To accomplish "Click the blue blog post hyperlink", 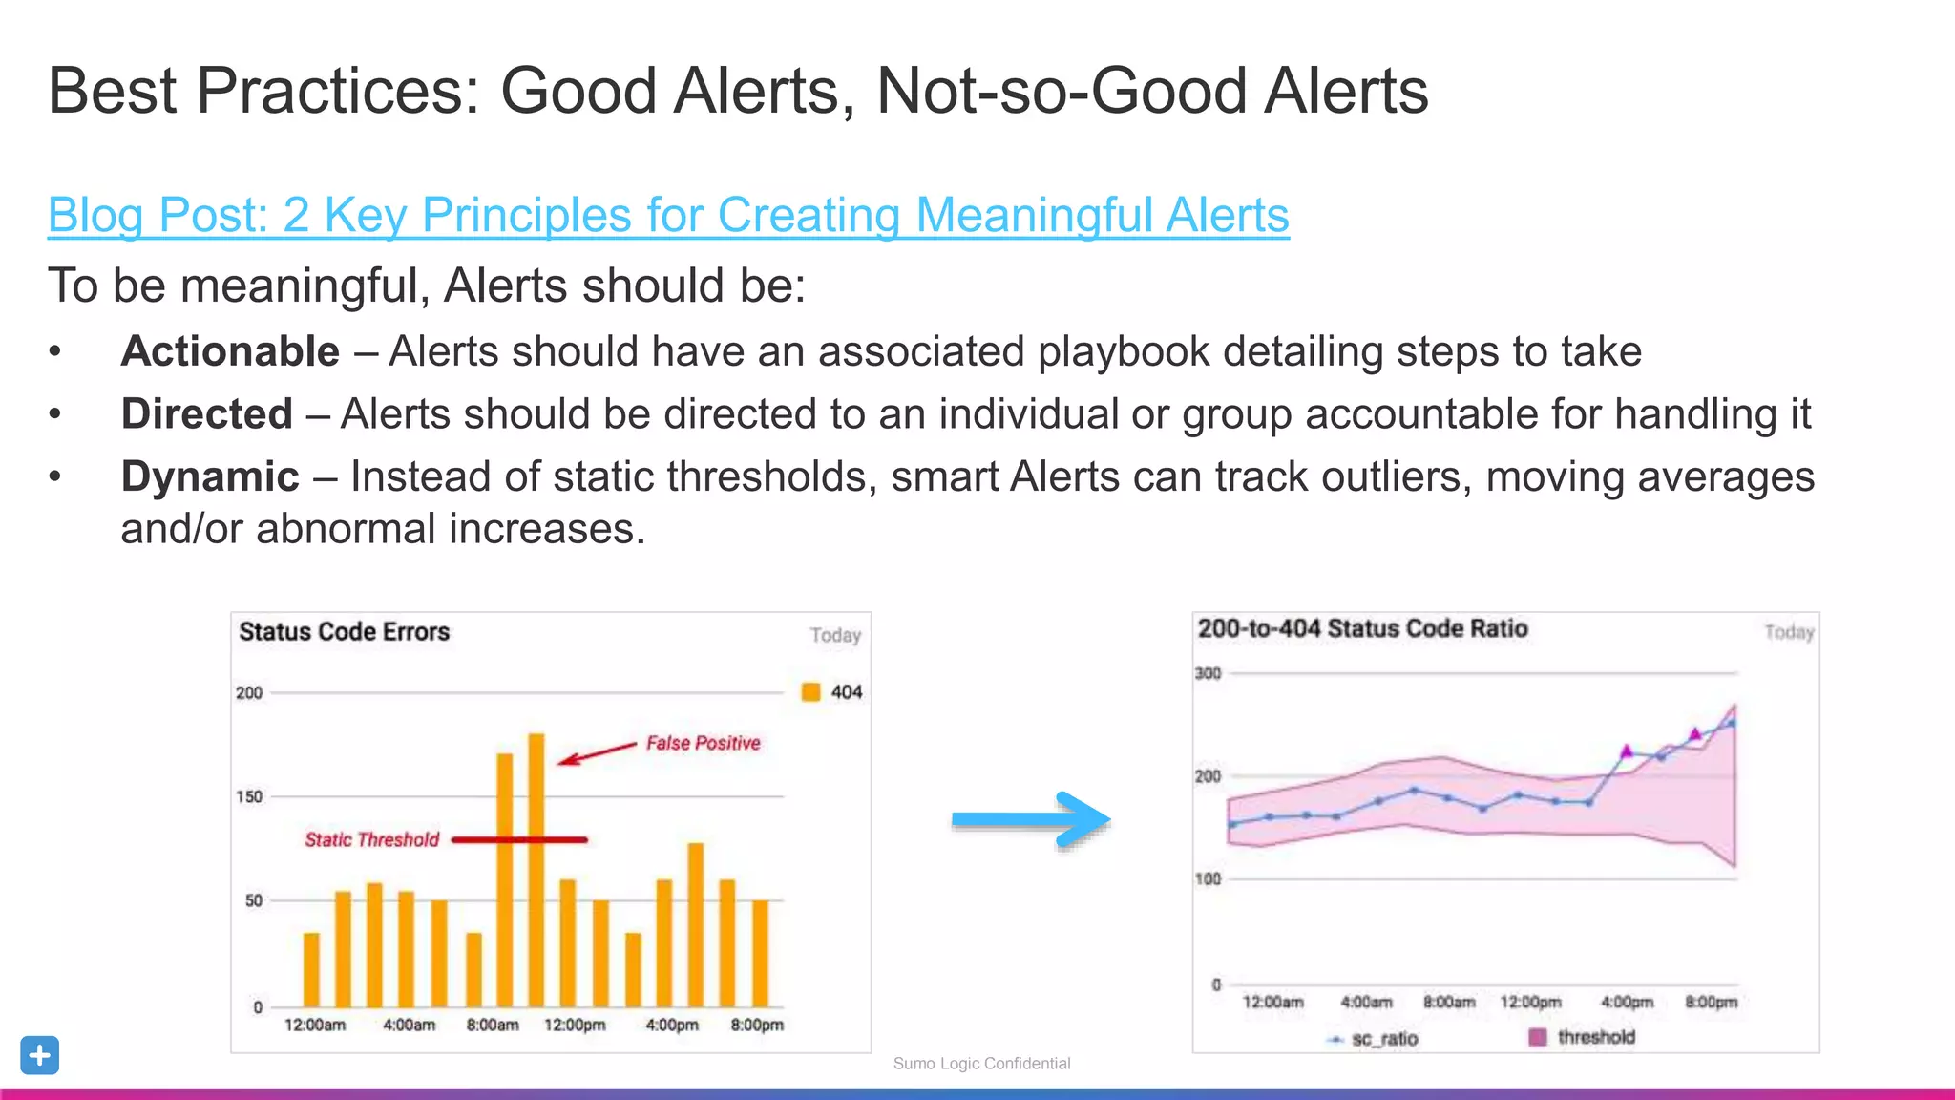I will pyautogui.click(x=668, y=215).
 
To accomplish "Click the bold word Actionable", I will pyautogui.click(x=230, y=351).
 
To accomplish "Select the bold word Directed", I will pyautogui.click(x=206, y=414).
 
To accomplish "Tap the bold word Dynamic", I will pyautogui.click(x=210, y=476).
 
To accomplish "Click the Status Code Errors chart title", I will pyautogui.click(x=344, y=632).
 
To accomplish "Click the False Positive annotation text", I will pyautogui.click(x=703, y=743).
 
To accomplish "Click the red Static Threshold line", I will pyautogui.click(x=519, y=840).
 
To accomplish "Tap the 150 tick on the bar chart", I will pyautogui.click(x=249, y=796).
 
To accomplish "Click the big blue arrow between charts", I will pyautogui.click(x=1031, y=819).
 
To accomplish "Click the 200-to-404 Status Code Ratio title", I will pyautogui.click(x=1362, y=628).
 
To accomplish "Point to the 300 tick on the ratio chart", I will pyautogui.click(x=1208, y=673).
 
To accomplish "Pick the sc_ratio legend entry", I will pyautogui.click(x=1375, y=1039).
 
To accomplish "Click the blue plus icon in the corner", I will pyautogui.click(x=39, y=1055).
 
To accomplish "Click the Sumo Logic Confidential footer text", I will pyautogui.click(x=981, y=1064).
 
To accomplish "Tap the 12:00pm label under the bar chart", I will pyautogui.click(x=575, y=1025).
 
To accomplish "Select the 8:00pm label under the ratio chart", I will pyautogui.click(x=1711, y=1002).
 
